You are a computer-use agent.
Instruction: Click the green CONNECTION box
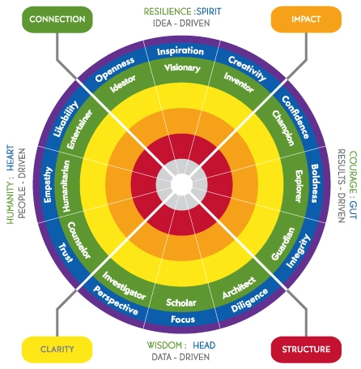click(57, 19)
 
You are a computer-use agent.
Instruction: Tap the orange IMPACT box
click(306, 19)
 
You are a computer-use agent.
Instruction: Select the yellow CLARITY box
click(57, 350)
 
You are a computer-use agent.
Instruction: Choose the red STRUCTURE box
click(306, 350)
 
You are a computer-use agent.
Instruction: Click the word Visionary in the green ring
click(182, 67)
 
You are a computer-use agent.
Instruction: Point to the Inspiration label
click(180, 51)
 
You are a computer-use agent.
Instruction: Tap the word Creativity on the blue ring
click(248, 68)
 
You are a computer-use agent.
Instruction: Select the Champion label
click(283, 128)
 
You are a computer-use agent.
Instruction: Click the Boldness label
click(315, 183)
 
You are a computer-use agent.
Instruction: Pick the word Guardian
click(283, 244)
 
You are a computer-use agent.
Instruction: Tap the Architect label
click(239, 288)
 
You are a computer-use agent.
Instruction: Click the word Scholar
click(181, 302)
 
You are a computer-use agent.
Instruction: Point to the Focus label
click(183, 320)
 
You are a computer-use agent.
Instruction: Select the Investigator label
click(124, 285)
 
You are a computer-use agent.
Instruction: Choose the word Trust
click(66, 253)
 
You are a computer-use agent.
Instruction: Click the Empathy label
click(48, 185)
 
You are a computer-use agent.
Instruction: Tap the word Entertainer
click(79, 129)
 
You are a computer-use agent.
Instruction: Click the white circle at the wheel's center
click(181, 184)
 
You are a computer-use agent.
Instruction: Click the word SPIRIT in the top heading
click(209, 11)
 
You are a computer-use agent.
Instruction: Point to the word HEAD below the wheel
click(204, 345)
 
